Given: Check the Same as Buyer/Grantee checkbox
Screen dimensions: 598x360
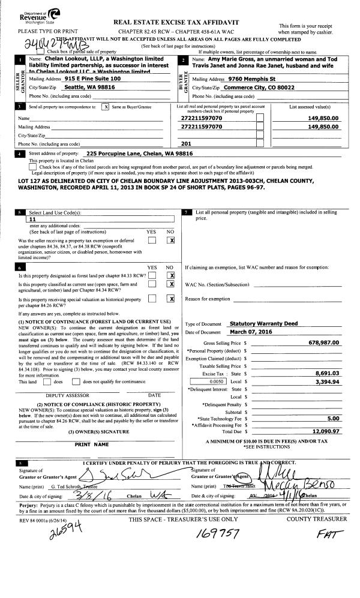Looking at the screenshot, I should click(106, 107).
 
